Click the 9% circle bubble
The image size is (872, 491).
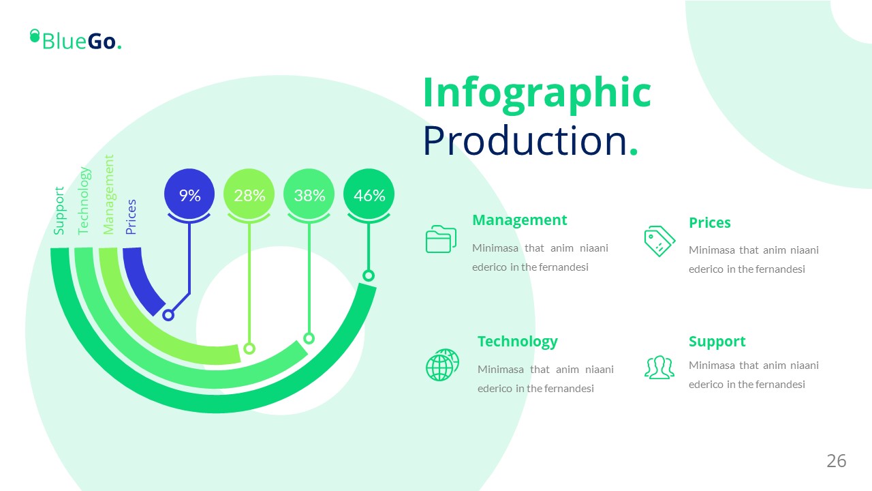(x=189, y=194)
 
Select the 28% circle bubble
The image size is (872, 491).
(x=249, y=194)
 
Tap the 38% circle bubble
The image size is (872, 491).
(x=309, y=194)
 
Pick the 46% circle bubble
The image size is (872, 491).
(x=369, y=194)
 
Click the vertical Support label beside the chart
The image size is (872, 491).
(x=59, y=211)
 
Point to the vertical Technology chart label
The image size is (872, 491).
(x=84, y=200)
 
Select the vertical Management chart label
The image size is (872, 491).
(x=108, y=194)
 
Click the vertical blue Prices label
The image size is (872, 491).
(x=131, y=217)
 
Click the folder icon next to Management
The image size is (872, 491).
(x=441, y=239)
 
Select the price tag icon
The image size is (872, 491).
(x=659, y=241)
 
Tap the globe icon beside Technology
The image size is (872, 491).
(x=442, y=365)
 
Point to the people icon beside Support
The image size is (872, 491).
(x=659, y=367)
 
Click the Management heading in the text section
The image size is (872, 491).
(x=519, y=220)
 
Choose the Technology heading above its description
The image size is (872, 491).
(x=517, y=342)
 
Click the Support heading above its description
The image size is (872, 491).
(x=717, y=342)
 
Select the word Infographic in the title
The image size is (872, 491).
(x=538, y=93)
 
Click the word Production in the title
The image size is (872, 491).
(x=525, y=140)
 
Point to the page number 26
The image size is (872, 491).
(x=836, y=461)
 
